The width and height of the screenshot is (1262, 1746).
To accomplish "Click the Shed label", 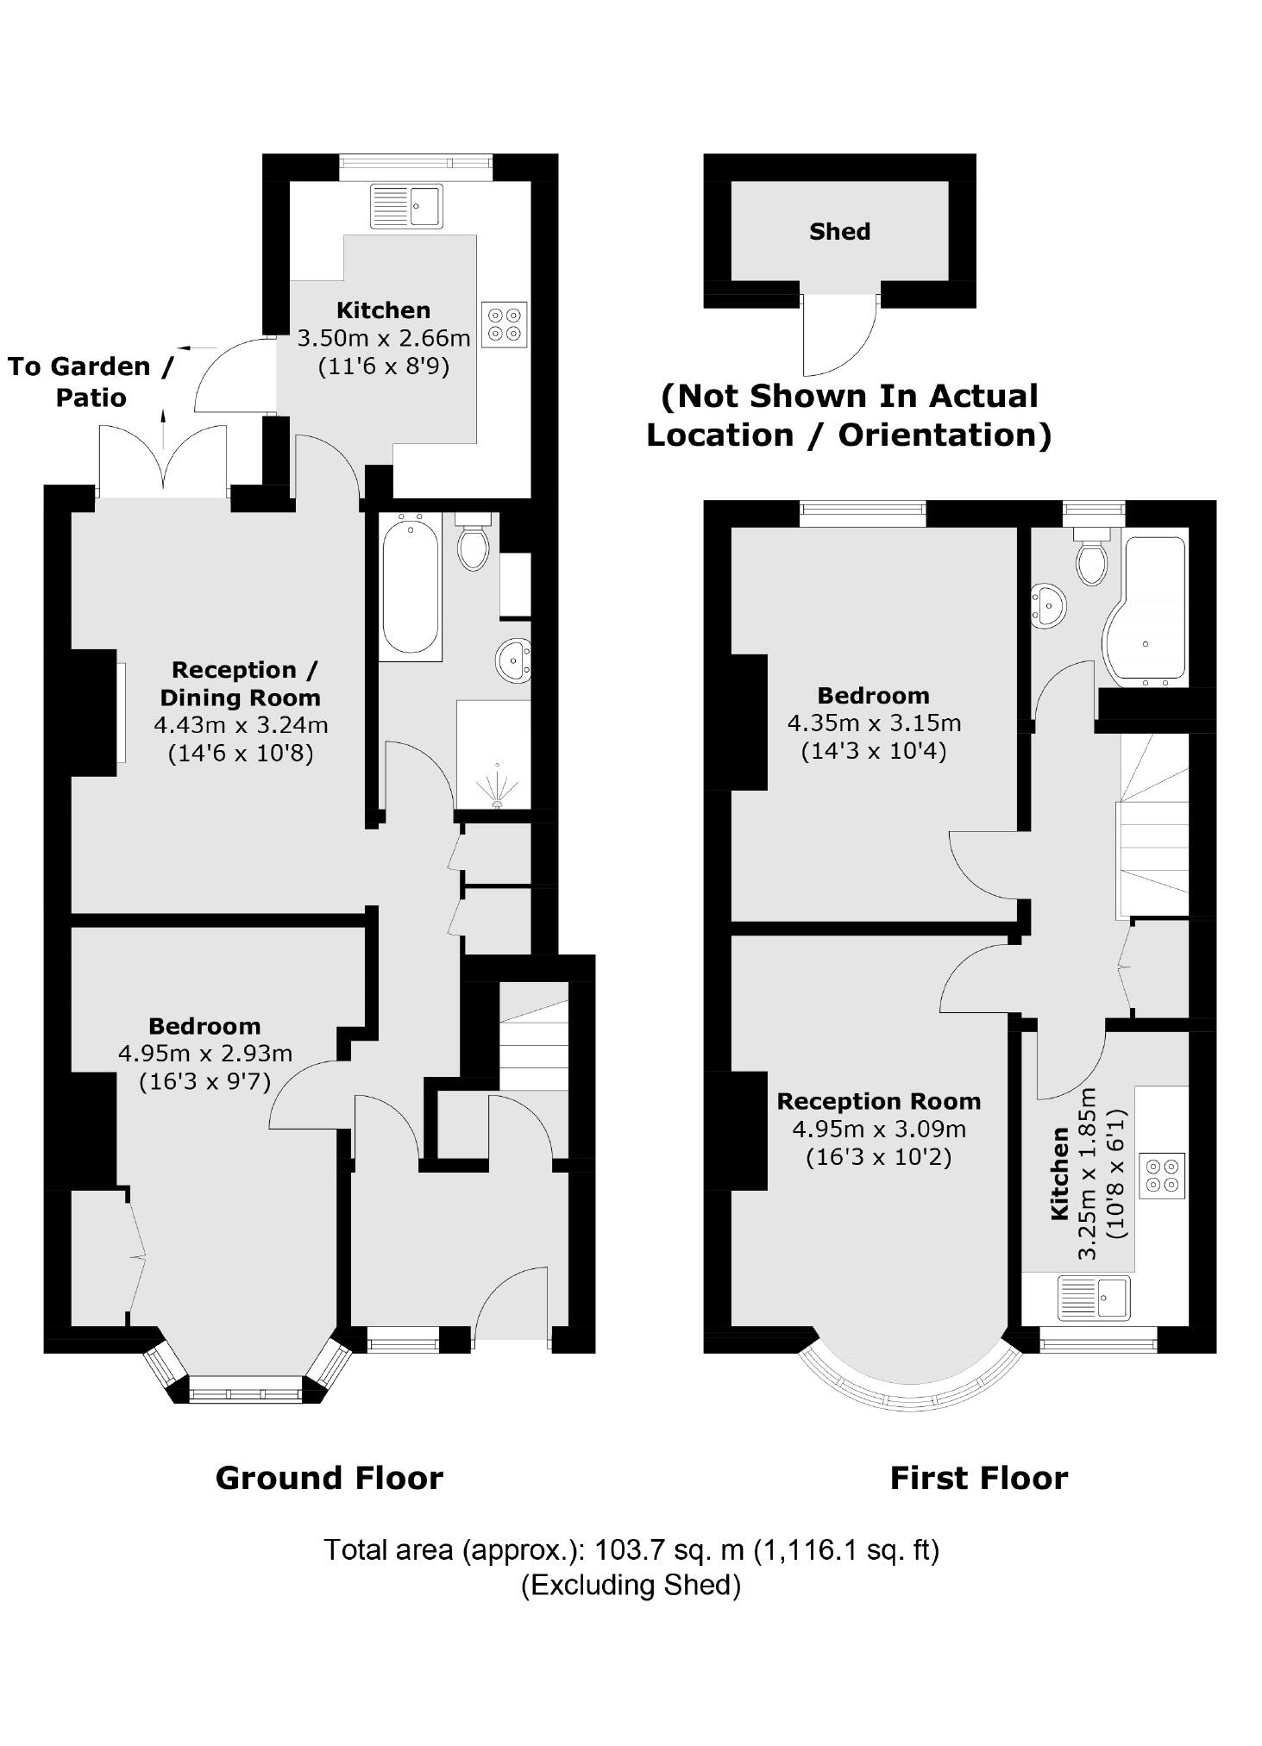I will (x=839, y=231).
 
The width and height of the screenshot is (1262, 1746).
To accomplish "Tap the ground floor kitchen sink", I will (x=407, y=206).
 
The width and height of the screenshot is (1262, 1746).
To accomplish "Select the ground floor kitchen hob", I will (x=505, y=323).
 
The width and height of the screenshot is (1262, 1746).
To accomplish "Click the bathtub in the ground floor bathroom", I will (x=410, y=585).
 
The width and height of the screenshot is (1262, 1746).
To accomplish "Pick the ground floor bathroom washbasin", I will (x=514, y=661).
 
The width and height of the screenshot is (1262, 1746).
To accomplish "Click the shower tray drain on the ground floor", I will (x=498, y=804).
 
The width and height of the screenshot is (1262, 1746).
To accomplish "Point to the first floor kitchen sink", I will (x=1094, y=1297).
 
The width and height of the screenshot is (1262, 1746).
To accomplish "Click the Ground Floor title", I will (x=329, y=1478).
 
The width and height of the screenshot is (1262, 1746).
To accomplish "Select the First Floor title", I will (x=978, y=1478).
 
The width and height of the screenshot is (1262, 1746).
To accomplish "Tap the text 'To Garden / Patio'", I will (x=91, y=381).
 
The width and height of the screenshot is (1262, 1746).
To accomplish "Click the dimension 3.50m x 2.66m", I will (x=384, y=338).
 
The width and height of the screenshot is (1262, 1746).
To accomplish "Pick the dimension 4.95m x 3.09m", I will (x=878, y=1129).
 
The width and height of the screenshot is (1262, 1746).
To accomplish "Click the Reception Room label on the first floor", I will (x=878, y=1101).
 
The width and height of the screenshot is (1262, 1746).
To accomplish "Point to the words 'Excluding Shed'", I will (x=631, y=1585).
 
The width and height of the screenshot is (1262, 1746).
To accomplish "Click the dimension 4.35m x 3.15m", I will (x=873, y=723).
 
